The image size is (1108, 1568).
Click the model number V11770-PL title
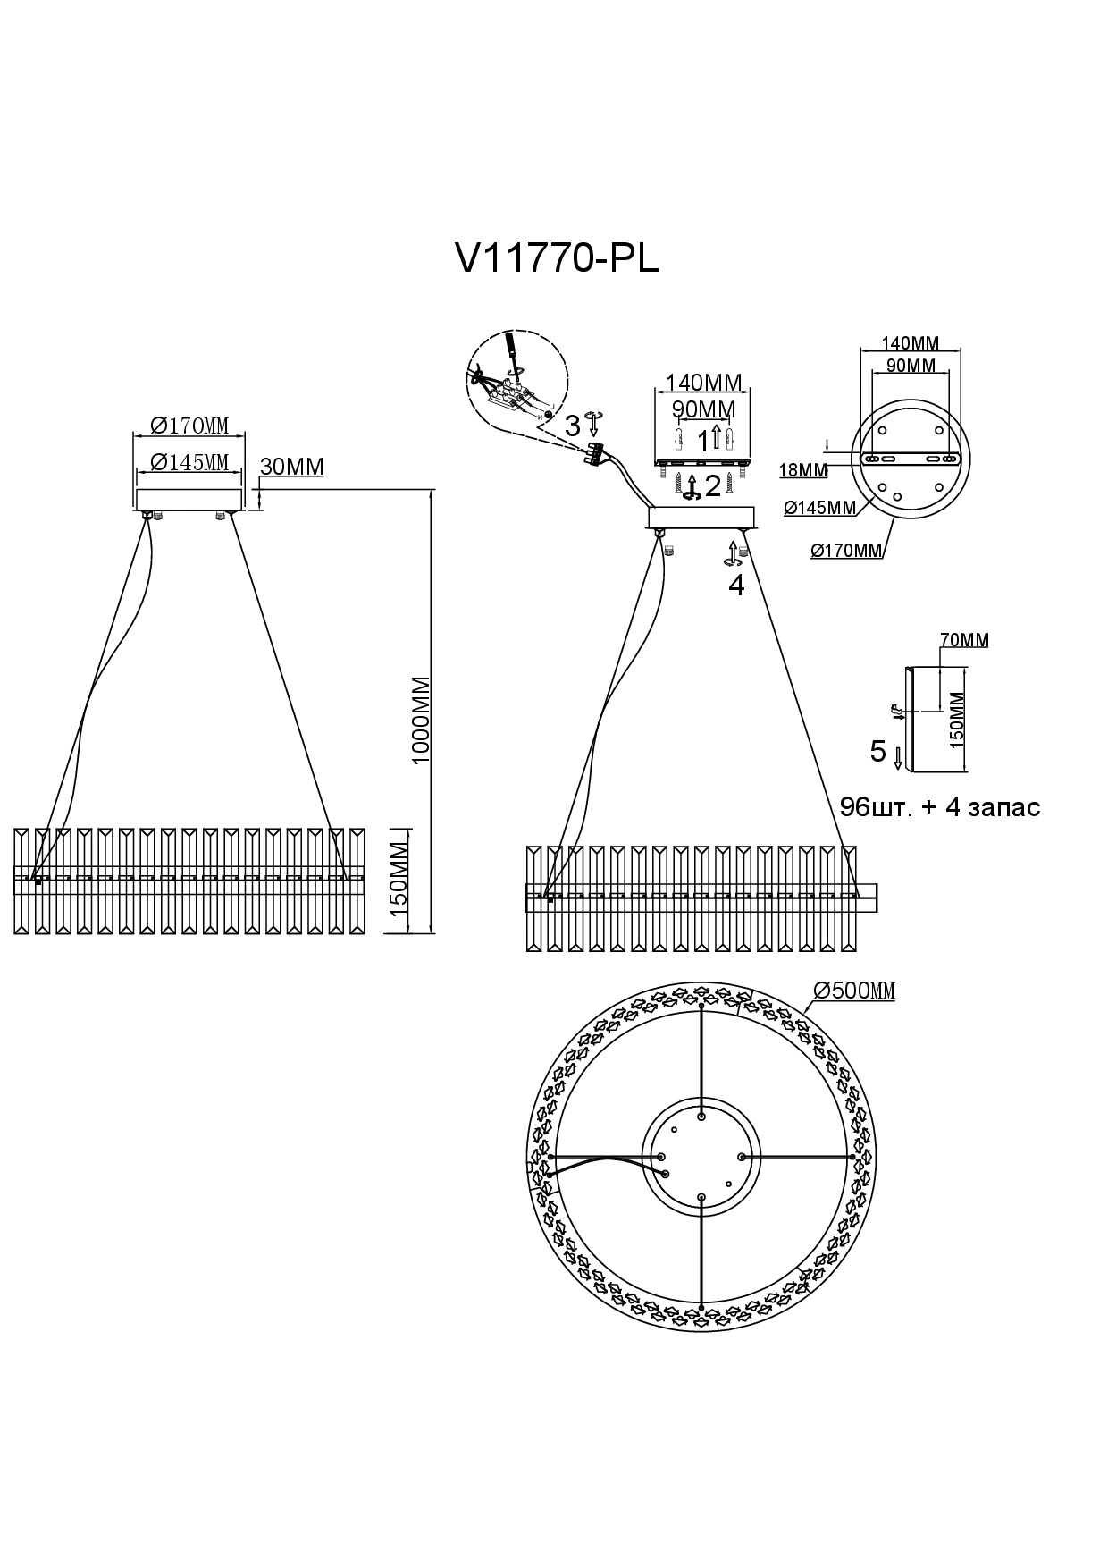pos(557,259)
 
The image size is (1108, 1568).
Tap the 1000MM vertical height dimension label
pos(421,719)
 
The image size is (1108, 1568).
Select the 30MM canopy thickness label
pos(291,467)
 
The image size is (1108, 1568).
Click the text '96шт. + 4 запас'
pos(940,807)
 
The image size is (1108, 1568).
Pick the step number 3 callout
pos(572,426)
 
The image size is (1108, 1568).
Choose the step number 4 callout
pos(736,586)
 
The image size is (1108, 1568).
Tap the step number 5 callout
pos(878,751)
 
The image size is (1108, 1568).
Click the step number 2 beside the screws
pos(712,486)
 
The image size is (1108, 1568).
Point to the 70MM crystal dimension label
pos(964,640)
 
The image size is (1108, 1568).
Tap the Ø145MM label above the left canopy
pos(189,462)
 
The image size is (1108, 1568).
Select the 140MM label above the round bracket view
pos(910,343)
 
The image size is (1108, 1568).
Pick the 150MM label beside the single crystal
pos(958,719)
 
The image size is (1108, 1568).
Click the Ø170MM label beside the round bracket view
pos(846,552)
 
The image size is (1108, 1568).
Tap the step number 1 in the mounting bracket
pos(703,440)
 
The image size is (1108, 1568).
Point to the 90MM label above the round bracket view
pos(910,366)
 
